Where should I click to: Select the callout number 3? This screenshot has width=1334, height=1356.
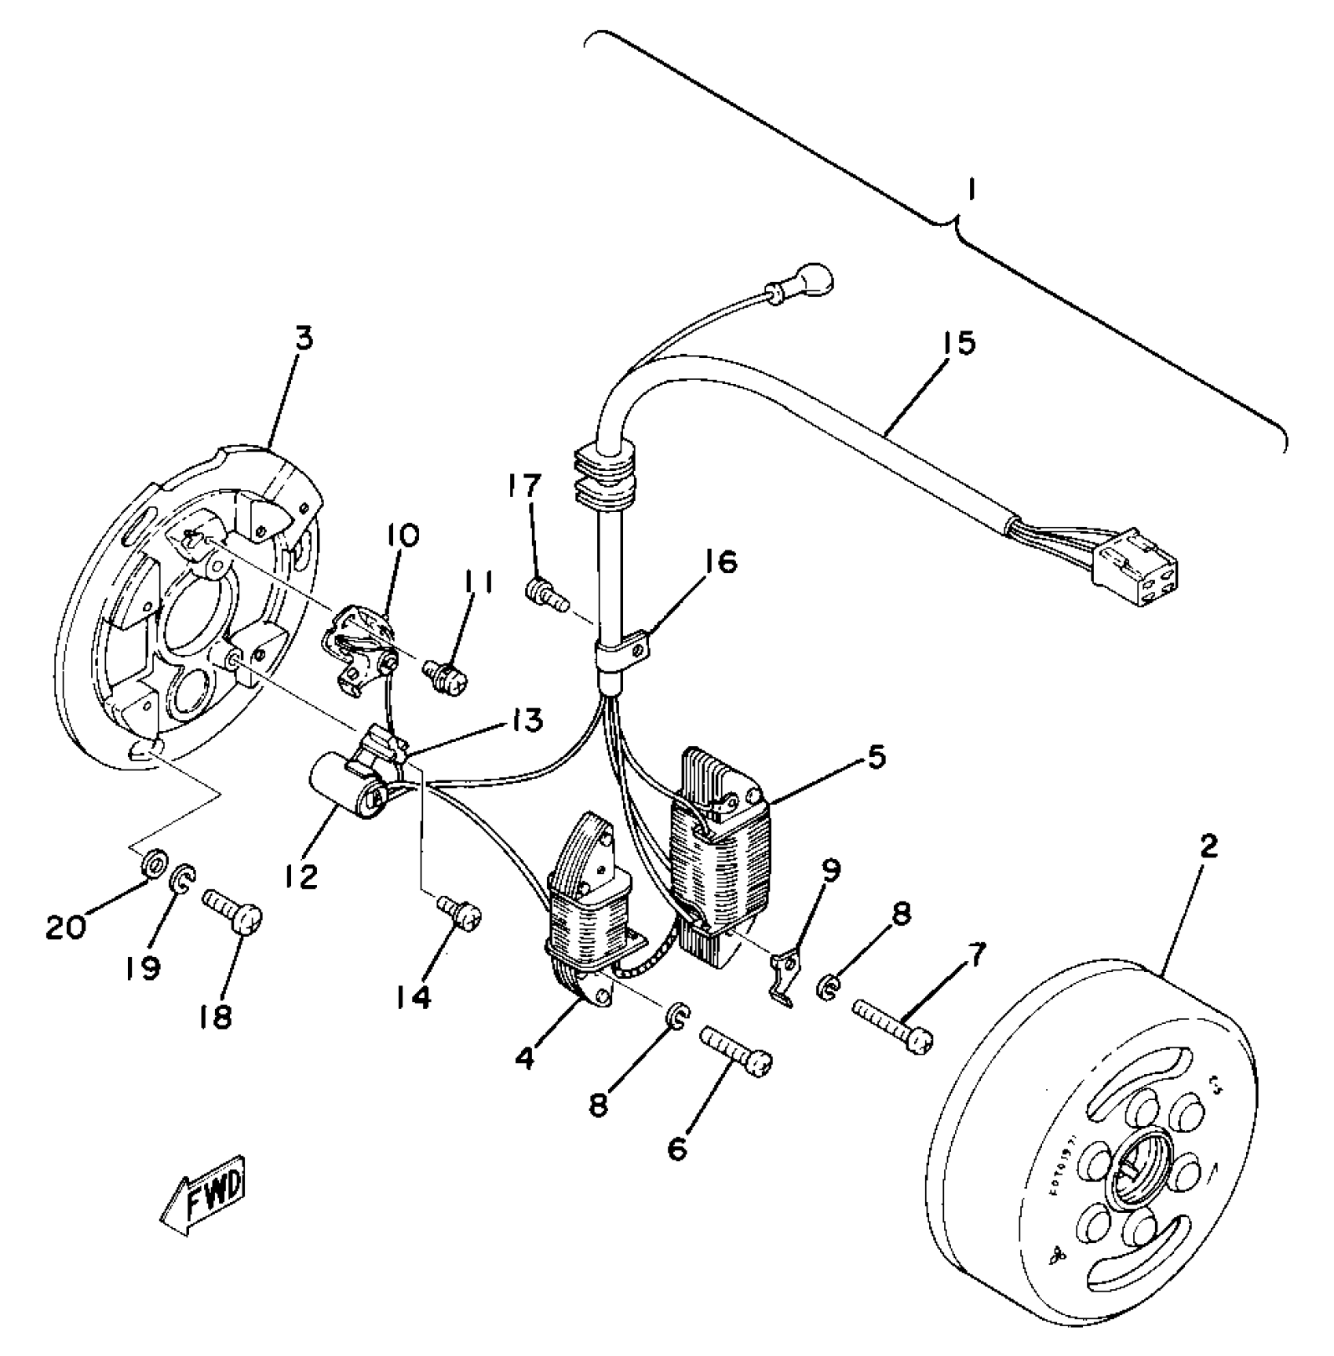coord(304,339)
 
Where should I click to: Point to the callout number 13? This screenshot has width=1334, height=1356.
coord(528,721)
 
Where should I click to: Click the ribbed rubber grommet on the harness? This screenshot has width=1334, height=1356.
coord(604,478)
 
